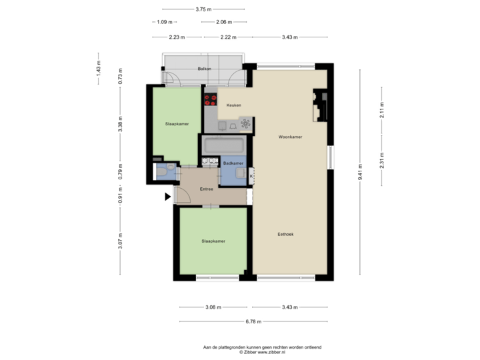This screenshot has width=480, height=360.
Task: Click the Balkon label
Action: (x=204, y=69)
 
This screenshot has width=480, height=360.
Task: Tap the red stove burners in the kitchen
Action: (x=211, y=100)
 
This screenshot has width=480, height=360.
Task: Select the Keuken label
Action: (x=233, y=105)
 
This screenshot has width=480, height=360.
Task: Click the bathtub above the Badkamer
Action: (x=225, y=145)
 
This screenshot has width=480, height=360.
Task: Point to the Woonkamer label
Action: (x=291, y=137)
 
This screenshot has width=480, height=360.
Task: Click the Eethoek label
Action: (x=287, y=234)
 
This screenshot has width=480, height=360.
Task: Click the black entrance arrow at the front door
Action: (x=168, y=196)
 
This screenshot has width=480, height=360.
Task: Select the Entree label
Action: (x=206, y=189)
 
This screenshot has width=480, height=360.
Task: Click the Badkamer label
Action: (x=233, y=163)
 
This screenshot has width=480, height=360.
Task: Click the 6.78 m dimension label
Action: (x=253, y=321)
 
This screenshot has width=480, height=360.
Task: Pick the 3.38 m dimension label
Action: (x=120, y=125)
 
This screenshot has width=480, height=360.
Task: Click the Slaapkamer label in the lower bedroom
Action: (x=213, y=241)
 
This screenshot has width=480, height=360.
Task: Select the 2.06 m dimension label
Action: (x=223, y=22)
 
